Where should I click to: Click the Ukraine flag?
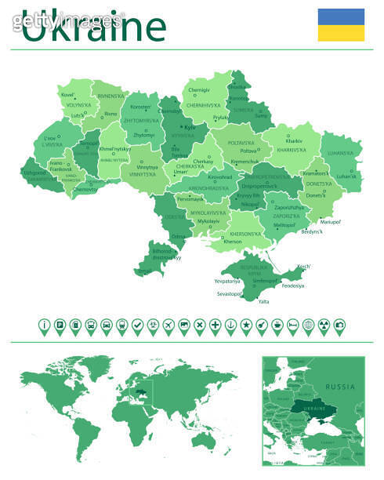coord(341,24)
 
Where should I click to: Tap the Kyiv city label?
coord(189,126)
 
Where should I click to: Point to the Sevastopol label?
coord(230,293)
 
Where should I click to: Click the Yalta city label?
coord(263,301)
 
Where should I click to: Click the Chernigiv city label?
coord(200,90)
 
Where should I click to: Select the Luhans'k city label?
coord(346,176)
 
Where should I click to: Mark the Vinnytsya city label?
coord(147,166)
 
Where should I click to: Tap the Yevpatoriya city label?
coord(226,280)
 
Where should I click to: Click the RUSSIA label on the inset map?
coord(340,387)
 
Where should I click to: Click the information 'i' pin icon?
coord(45,325)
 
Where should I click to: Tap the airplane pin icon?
coord(168,325)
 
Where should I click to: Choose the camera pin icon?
coord(339,325)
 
